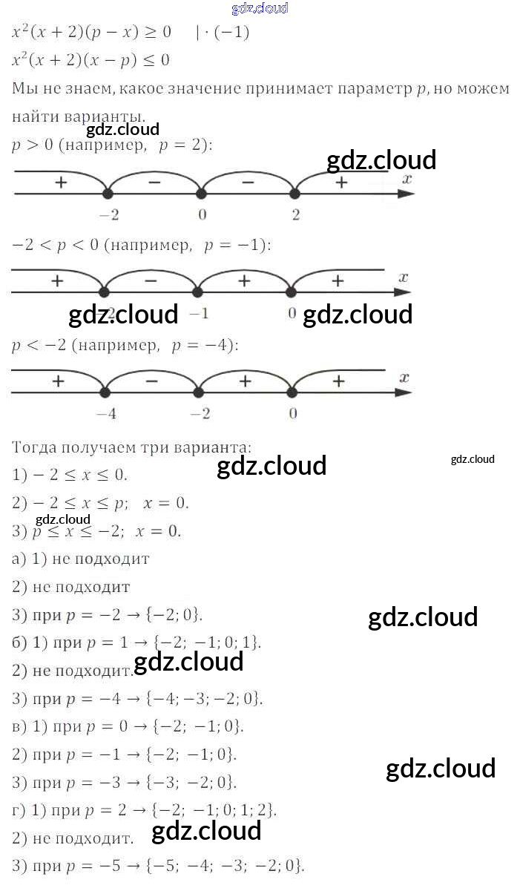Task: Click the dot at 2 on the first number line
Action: click(x=294, y=194)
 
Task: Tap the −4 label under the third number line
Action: click(x=107, y=414)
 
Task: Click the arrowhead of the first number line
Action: click(x=406, y=194)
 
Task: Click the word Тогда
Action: click(x=35, y=447)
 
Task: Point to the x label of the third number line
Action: click(x=404, y=378)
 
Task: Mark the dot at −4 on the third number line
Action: click(x=105, y=392)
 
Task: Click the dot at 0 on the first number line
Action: click(x=200, y=194)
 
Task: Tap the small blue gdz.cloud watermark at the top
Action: click(x=260, y=9)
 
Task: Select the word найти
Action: click(x=34, y=116)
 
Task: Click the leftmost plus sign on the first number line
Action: click(x=60, y=181)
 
